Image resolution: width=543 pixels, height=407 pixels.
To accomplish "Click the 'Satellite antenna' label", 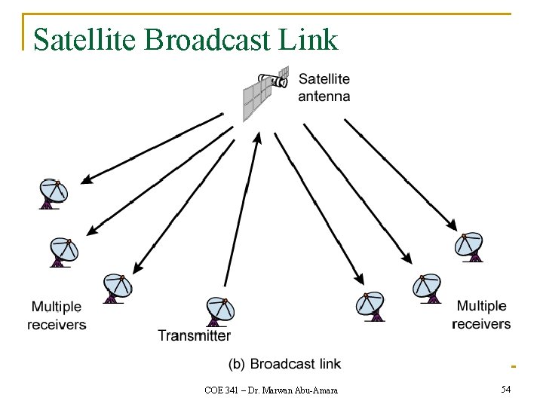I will [324, 87].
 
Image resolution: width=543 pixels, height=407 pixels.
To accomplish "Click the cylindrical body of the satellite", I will [274, 77].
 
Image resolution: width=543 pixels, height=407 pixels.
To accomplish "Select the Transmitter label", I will [194, 335].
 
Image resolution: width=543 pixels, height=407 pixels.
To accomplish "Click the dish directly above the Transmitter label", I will [220, 310].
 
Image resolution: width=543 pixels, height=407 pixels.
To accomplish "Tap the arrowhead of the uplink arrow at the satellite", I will [257, 138].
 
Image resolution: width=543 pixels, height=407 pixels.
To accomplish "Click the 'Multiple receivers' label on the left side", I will [57, 315].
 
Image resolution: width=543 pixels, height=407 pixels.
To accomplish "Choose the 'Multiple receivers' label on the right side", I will [481, 314].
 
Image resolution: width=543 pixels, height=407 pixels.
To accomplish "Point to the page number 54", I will [505, 389].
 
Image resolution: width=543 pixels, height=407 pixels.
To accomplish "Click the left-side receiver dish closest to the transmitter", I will [117, 287].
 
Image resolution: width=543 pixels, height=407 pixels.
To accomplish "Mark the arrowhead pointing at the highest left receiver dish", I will [86, 179].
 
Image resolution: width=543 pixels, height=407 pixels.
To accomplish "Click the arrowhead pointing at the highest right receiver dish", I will [452, 226].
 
